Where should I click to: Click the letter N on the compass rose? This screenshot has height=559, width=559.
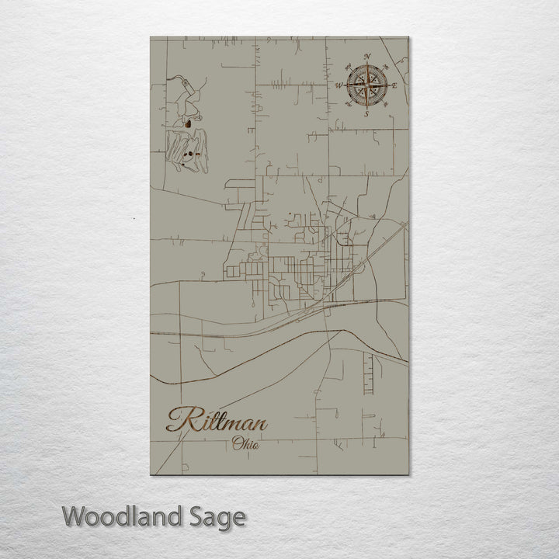coord(366,57)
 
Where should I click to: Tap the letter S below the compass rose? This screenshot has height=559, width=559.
coord(366,113)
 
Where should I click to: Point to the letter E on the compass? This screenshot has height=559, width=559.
coord(394,85)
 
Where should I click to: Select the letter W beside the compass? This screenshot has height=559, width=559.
coord(339,85)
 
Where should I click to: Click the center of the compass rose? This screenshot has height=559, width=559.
coord(366,85)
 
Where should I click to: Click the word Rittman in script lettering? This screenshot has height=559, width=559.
coord(217,422)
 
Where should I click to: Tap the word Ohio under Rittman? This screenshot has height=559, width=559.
coord(245,444)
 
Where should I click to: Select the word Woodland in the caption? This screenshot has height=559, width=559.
coord(124,516)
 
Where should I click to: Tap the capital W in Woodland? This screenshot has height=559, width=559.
coord(74,516)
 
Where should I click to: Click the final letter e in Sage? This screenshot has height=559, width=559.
coord(239,518)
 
